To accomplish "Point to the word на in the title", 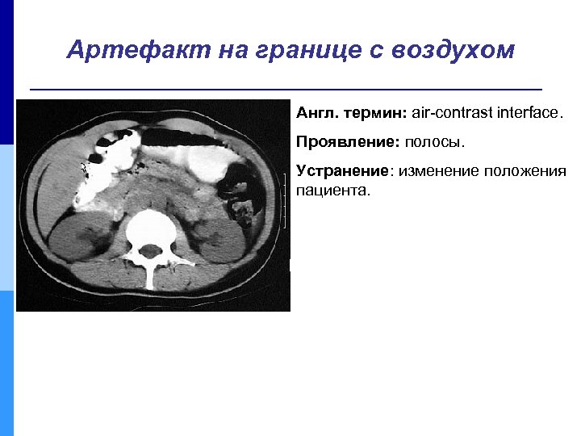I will (230, 51).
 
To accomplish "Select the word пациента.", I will (332, 192).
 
